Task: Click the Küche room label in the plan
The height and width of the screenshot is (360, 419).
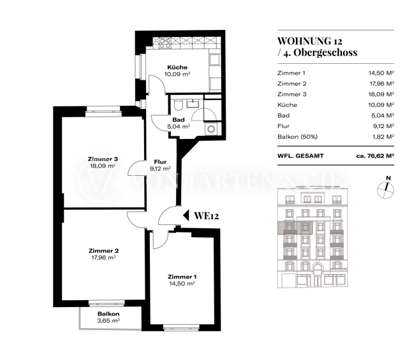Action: coord(177,68)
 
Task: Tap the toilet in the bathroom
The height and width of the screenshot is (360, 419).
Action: coord(178,105)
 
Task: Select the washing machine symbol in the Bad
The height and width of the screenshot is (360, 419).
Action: coord(211,129)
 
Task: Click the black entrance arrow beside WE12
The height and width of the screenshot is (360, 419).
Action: coord(186,215)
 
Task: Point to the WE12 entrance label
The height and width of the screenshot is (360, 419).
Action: coord(206,216)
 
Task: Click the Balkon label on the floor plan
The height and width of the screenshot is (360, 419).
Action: coord(108,313)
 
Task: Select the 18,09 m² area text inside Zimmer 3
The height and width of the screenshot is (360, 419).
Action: coord(103,166)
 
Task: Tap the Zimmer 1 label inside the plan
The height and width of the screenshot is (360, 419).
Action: coord(182,277)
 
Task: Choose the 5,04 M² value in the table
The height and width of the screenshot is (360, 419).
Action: coord(382,115)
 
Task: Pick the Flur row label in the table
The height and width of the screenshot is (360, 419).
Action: coord(284,126)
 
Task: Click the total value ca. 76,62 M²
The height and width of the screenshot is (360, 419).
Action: coord(375,155)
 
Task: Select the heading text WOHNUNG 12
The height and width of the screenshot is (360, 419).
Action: coord(310,41)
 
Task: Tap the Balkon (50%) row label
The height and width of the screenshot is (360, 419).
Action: coord(297,137)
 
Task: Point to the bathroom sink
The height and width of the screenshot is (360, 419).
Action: coord(193,103)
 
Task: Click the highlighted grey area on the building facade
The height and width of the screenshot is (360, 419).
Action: coord(295,228)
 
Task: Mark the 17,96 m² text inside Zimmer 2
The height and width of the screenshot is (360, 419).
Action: coord(103,257)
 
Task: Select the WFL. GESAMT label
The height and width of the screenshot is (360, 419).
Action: coord(300,155)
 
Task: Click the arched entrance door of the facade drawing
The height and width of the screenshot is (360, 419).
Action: coord(317,275)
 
